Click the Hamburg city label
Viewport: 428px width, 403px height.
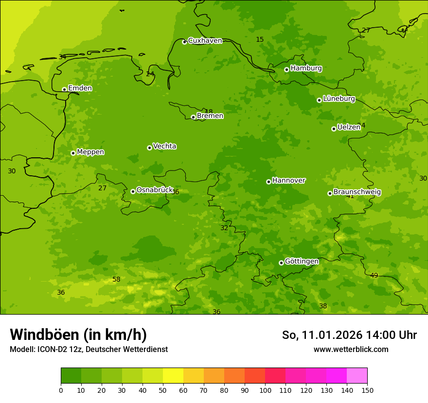[x=306, y=68]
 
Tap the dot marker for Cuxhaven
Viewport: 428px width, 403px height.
[x=184, y=42]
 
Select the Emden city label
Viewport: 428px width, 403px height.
[x=80, y=88]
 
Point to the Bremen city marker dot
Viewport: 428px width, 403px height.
[x=193, y=117]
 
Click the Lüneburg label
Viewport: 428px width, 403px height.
[x=339, y=99]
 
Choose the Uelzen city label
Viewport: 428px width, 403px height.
[x=349, y=127]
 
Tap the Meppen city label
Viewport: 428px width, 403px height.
[x=90, y=152]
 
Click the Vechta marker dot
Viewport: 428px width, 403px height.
[x=149, y=148]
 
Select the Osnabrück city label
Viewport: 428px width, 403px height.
[x=155, y=190]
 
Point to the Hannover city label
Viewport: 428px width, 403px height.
[x=288, y=181]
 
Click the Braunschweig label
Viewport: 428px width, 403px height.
[x=357, y=192]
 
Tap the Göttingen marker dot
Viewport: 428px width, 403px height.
[x=281, y=263]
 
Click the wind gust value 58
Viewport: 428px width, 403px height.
[x=116, y=279]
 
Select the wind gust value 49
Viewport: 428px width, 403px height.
[x=374, y=275]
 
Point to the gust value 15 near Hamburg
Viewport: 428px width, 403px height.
[x=260, y=39]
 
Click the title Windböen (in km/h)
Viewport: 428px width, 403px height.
[x=78, y=335]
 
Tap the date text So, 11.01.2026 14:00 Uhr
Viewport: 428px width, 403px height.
[x=349, y=335]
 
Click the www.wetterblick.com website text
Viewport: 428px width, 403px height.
[x=351, y=349]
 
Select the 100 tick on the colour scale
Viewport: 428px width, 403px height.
[x=265, y=390]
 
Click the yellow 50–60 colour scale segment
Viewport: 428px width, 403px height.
[x=173, y=376]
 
